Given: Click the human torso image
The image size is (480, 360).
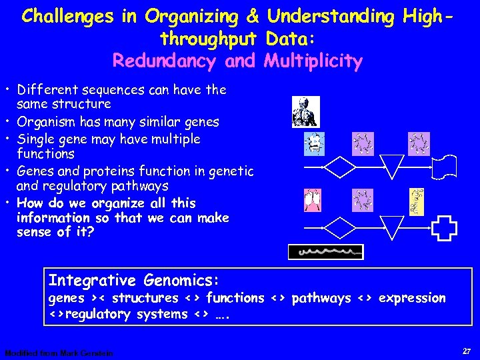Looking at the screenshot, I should pos(306,111).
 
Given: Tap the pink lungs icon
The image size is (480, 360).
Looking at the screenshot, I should pos(312,201).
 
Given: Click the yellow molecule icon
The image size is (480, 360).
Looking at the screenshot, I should pos(417,201).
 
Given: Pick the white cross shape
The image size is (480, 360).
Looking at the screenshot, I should pos(444,228).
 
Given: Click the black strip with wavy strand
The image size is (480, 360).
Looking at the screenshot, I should pos(325,252).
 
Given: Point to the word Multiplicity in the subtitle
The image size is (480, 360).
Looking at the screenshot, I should pos(313,61).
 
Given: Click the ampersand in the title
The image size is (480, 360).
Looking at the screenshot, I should pos(253,17).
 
